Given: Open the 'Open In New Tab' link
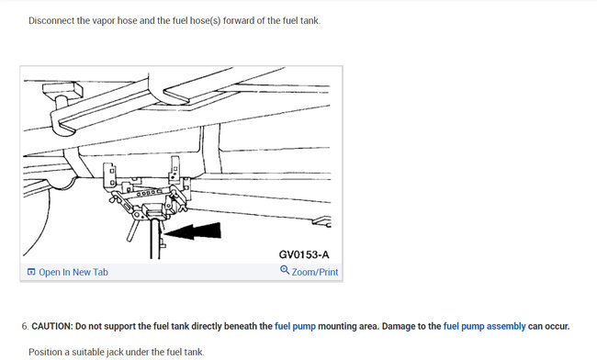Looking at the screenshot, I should pyautogui.click(x=73, y=273).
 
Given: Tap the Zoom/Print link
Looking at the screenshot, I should pyautogui.click(x=315, y=273).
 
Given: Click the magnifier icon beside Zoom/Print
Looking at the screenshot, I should pyautogui.click(x=285, y=272).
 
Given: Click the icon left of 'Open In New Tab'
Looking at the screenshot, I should pyautogui.click(x=31, y=273).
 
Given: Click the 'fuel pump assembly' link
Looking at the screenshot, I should pyautogui.click(x=483, y=326).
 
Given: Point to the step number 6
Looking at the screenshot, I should pyautogui.click(x=24, y=326).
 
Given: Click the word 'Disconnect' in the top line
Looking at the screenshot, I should pyautogui.click(x=53, y=20).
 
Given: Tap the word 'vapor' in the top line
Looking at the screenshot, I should pyautogui.click(x=118, y=20).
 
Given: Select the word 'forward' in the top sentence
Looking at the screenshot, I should pyautogui.click(x=242, y=20).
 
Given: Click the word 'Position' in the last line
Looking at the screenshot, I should pyautogui.click(x=48, y=352).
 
